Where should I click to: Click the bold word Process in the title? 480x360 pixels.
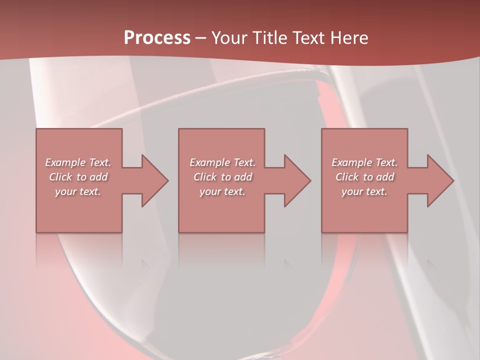click(157, 37)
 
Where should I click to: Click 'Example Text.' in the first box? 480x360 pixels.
click(78, 162)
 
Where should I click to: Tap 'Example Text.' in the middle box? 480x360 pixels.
click(222, 162)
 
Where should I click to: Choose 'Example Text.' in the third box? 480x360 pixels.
click(364, 162)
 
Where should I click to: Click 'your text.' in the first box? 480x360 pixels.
click(78, 191)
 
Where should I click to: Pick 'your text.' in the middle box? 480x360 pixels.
click(222, 191)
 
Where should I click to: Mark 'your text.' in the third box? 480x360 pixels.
click(364, 191)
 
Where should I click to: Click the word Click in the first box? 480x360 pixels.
click(60, 177)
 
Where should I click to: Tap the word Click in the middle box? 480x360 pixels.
click(204, 177)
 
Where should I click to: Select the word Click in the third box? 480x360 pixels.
click(347, 177)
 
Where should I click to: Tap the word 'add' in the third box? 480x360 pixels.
click(385, 177)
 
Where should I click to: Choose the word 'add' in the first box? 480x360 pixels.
click(98, 177)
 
